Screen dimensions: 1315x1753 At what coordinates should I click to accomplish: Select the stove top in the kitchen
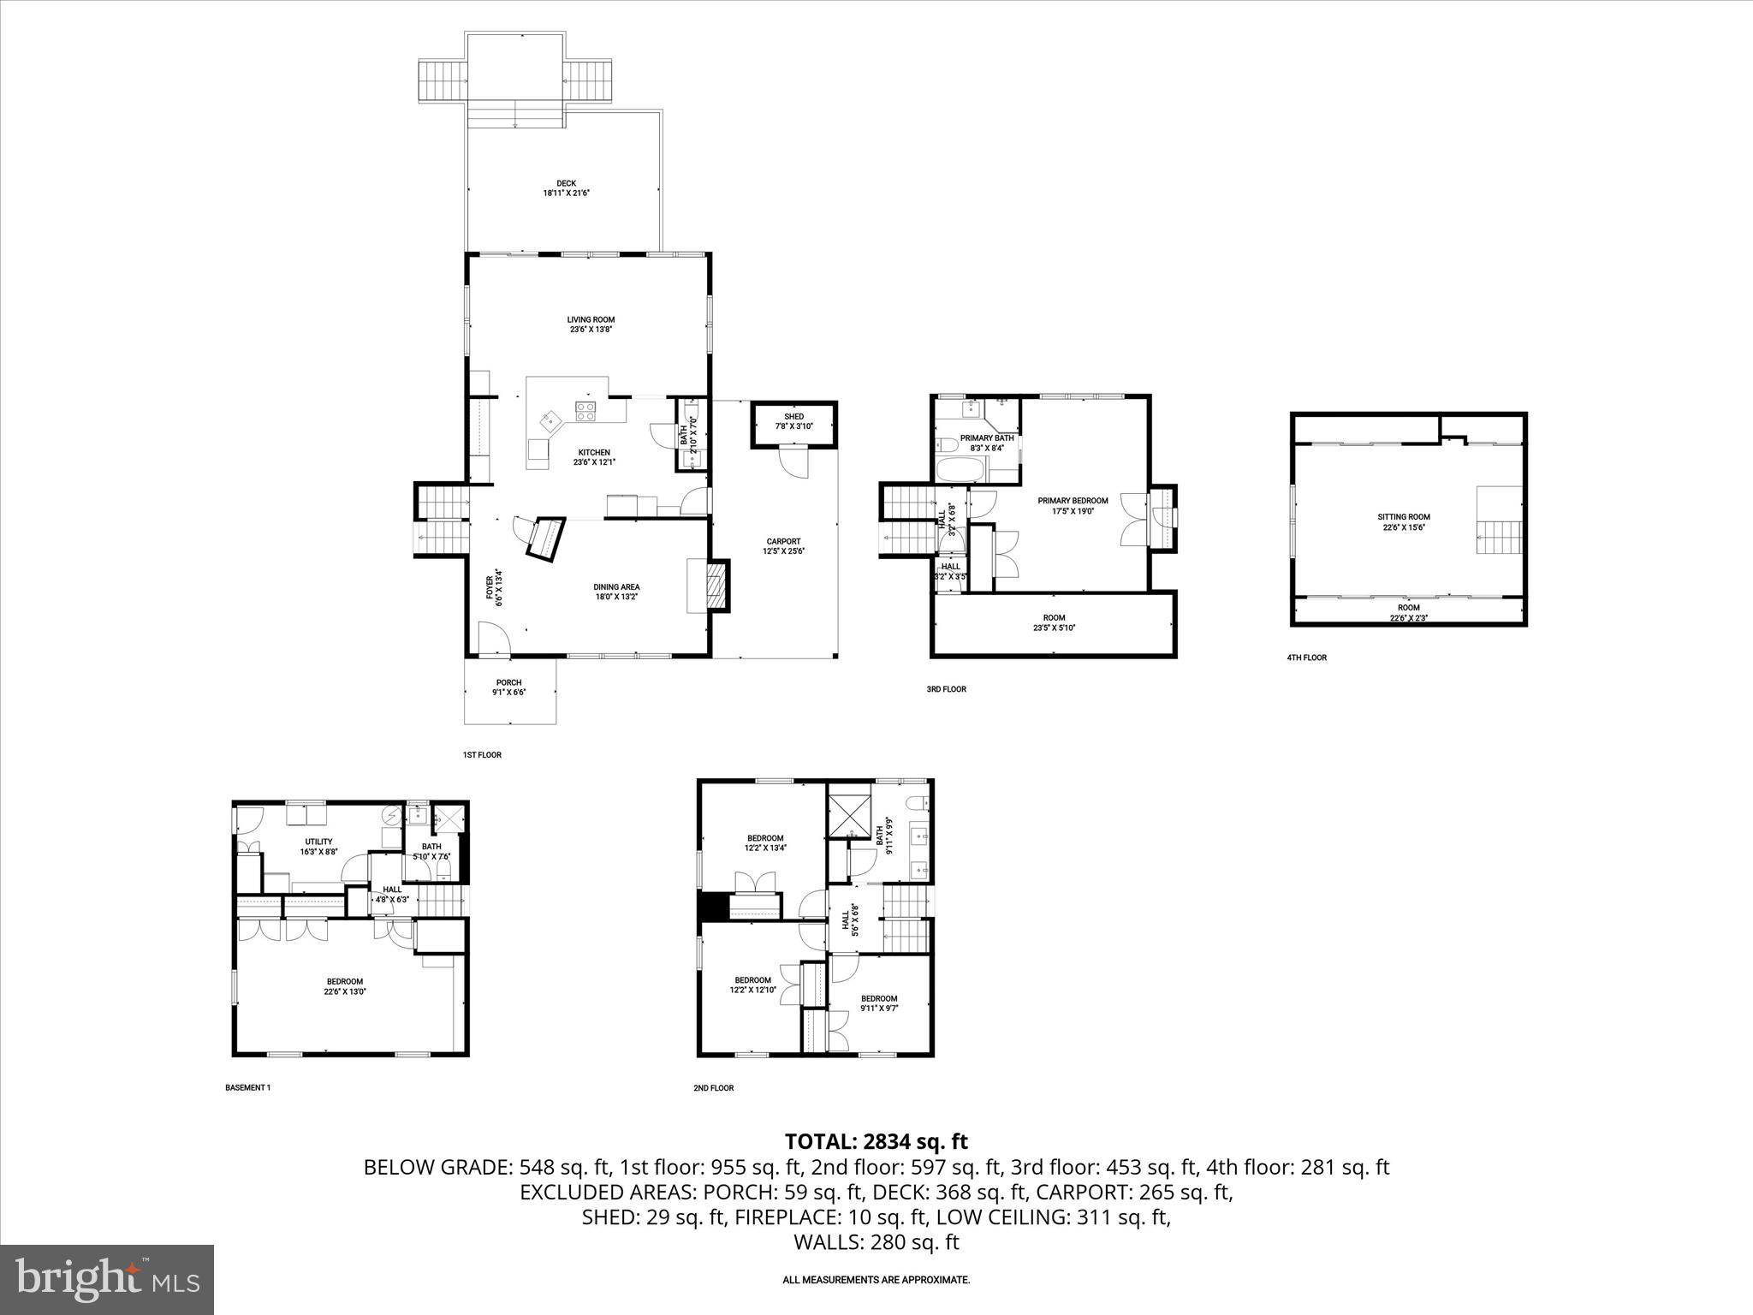586,412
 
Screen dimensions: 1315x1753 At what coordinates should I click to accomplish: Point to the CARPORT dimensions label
783,546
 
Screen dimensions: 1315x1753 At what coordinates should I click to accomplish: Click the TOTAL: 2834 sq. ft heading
876,1141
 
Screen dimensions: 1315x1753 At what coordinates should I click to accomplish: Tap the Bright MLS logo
106,1278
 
